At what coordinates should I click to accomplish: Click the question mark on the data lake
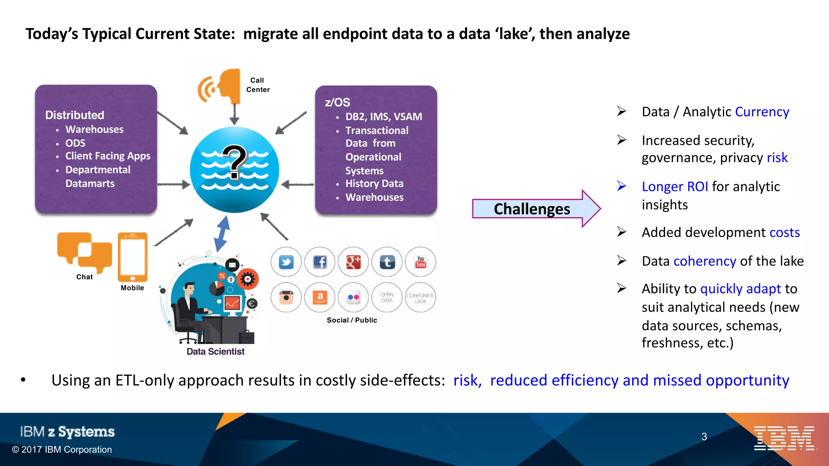(234, 162)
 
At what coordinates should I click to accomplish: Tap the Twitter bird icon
(286, 262)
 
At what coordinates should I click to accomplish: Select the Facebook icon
(320, 262)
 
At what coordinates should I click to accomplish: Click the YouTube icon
(421, 262)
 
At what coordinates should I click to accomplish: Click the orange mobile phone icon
(132, 257)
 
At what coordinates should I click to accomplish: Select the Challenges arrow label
(531, 209)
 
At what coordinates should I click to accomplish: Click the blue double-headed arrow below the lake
(222, 234)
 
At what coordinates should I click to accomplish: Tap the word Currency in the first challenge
(762, 112)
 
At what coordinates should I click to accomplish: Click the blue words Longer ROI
(675, 186)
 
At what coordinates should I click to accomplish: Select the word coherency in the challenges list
(704, 261)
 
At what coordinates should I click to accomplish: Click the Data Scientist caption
(215, 352)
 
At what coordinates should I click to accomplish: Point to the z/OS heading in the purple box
(337, 102)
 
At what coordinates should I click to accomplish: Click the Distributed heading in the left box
(74, 115)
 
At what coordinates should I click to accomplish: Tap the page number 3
(704, 436)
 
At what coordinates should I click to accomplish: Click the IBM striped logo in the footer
(784, 438)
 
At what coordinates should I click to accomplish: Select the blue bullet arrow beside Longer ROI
(622, 186)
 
